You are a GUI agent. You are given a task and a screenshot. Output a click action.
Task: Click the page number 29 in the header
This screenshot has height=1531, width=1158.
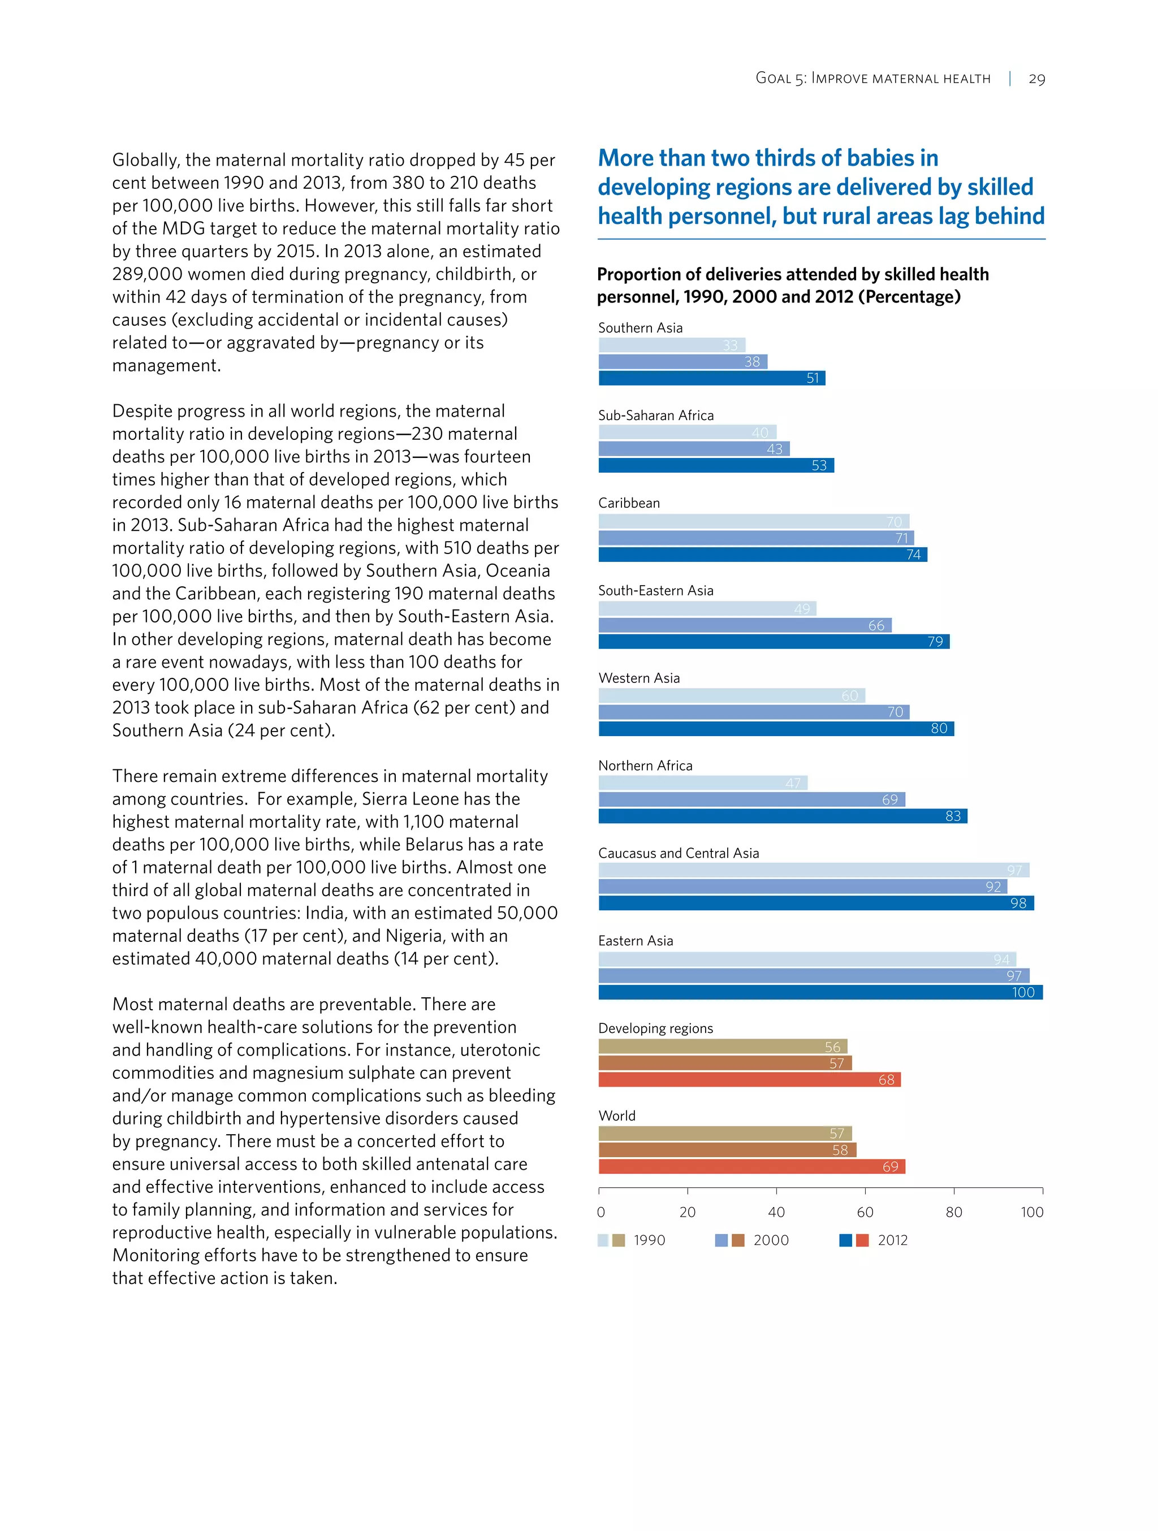tap(1036, 79)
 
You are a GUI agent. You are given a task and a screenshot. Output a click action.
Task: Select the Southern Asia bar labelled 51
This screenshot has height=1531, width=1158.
tap(711, 378)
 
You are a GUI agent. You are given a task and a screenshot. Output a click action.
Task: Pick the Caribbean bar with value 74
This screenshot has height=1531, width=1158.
tap(762, 555)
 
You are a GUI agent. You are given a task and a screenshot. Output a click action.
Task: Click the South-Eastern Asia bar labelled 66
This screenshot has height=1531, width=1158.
tap(744, 625)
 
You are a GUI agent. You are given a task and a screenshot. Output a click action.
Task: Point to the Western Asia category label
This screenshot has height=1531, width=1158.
tap(639, 678)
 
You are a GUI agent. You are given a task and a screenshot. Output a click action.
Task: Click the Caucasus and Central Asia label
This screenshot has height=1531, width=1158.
tap(679, 853)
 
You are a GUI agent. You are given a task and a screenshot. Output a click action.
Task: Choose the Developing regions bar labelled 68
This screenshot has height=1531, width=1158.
tap(749, 1080)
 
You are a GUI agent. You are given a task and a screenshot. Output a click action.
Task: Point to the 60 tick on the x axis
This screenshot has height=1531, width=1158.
tap(865, 1212)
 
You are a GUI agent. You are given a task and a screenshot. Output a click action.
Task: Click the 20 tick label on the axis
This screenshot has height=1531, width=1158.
tap(688, 1212)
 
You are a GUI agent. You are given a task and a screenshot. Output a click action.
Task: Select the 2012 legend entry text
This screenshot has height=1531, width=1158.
tap(892, 1240)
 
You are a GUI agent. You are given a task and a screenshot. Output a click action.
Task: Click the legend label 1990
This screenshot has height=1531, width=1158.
tap(649, 1240)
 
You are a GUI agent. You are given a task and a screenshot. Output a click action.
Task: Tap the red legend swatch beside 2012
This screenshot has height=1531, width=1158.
tap(862, 1240)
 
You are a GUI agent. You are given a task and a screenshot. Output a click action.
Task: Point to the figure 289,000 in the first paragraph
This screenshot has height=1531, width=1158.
tap(147, 275)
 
